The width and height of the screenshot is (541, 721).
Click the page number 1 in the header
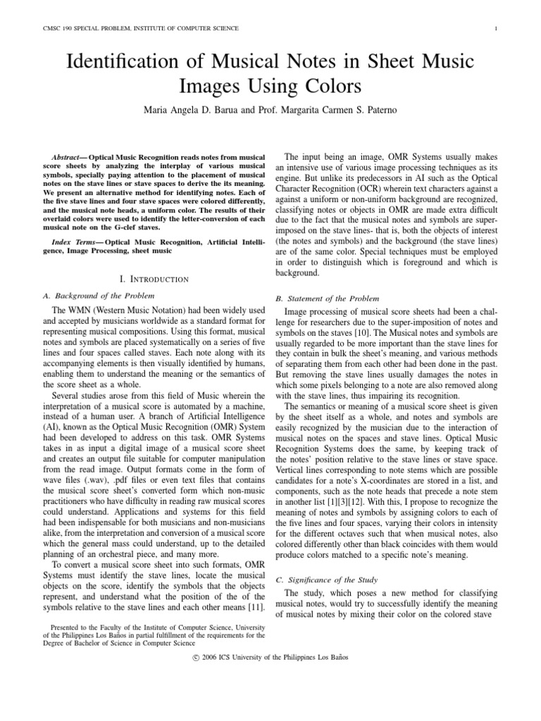[x=497, y=28]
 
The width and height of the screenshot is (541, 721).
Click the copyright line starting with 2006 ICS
[x=270, y=657]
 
